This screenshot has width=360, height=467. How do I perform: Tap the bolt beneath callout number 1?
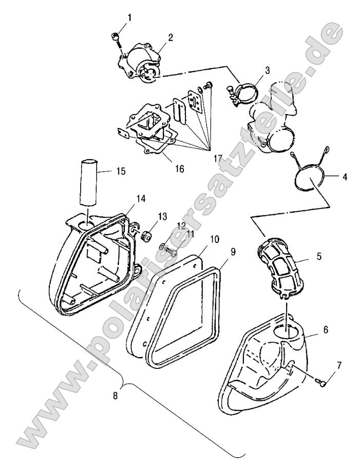click(x=116, y=36)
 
